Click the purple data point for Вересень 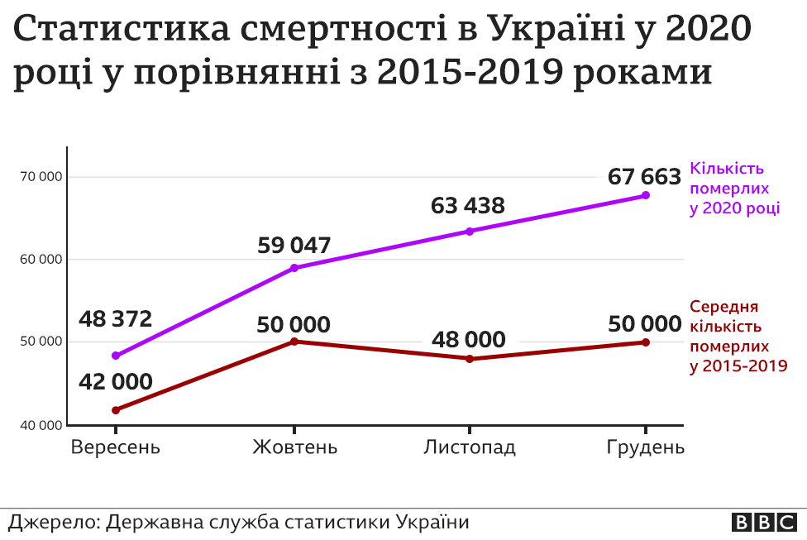tap(116, 356)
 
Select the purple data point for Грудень tap(646, 195)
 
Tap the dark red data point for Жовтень tap(294, 341)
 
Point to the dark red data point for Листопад tap(470, 359)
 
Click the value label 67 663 tap(644, 176)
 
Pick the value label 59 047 tap(294, 245)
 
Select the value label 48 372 tap(116, 318)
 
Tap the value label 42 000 tap(116, 381)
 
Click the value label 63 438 tap(467, 205)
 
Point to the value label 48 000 tap(468, 339)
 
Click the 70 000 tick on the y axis tap(41, 177)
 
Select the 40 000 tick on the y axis tap(41, 426)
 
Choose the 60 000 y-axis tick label tap(41, 260)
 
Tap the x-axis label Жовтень tap(294, 447)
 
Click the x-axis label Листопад tap(470, 447)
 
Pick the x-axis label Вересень tap(116, 447)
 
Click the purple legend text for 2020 tap(734, 188)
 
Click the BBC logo tap(763, 523)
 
